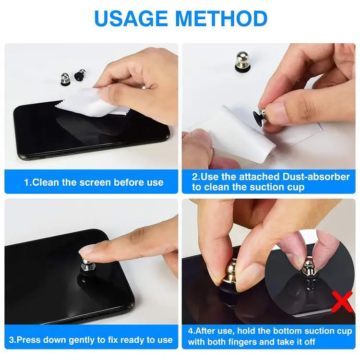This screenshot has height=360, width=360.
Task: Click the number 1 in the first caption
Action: [x=27, y=182]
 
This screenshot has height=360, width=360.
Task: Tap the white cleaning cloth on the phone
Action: [x=91, y=104]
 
